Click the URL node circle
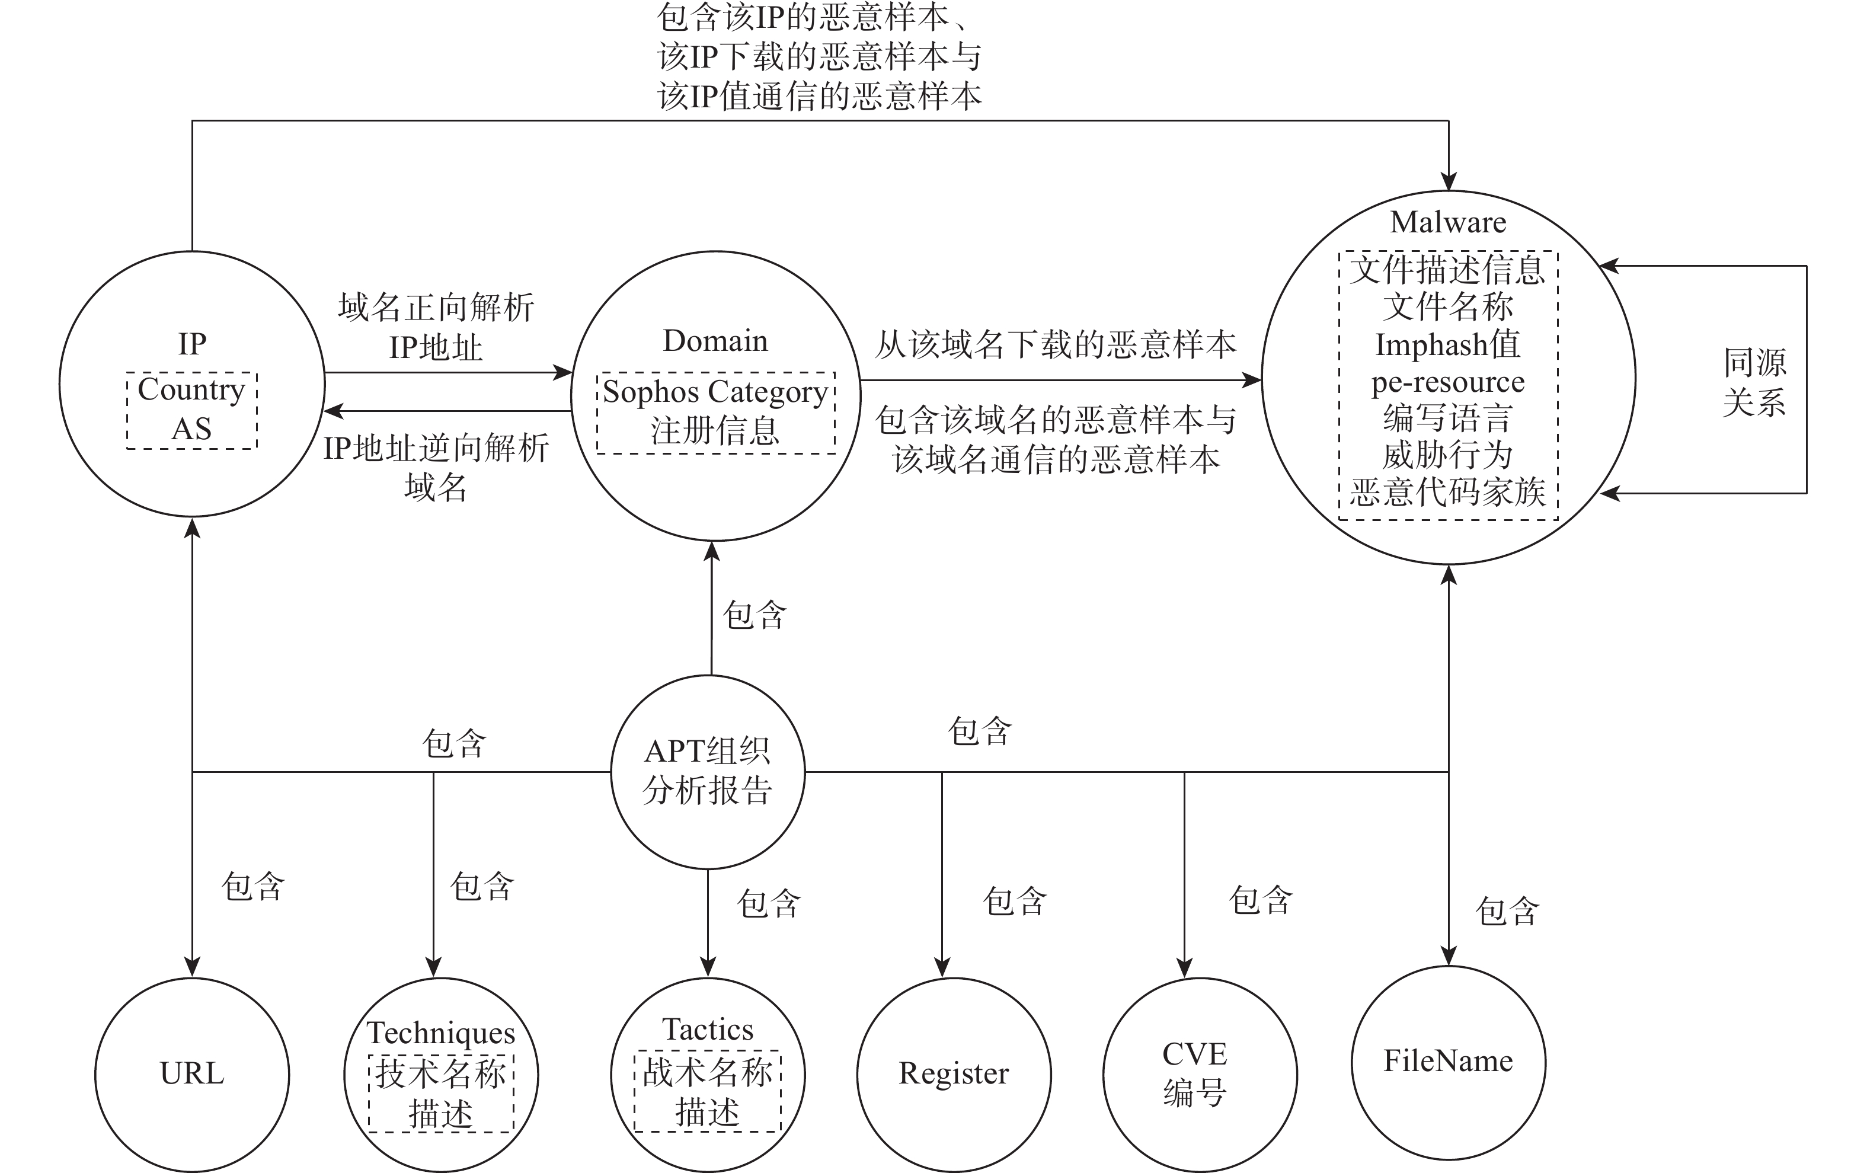coord(191,1075)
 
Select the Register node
coord(954,1075)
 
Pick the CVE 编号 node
coord(1200,1075)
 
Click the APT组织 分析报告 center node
coord(707,771)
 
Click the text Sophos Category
coord(715,392)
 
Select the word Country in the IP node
coord(191,390)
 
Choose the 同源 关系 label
coord(1754,382)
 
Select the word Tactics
coord(707,1030)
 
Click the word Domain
coord(715,341)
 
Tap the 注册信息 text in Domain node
coord(715,431)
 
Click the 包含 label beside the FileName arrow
coord(1507,912)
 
